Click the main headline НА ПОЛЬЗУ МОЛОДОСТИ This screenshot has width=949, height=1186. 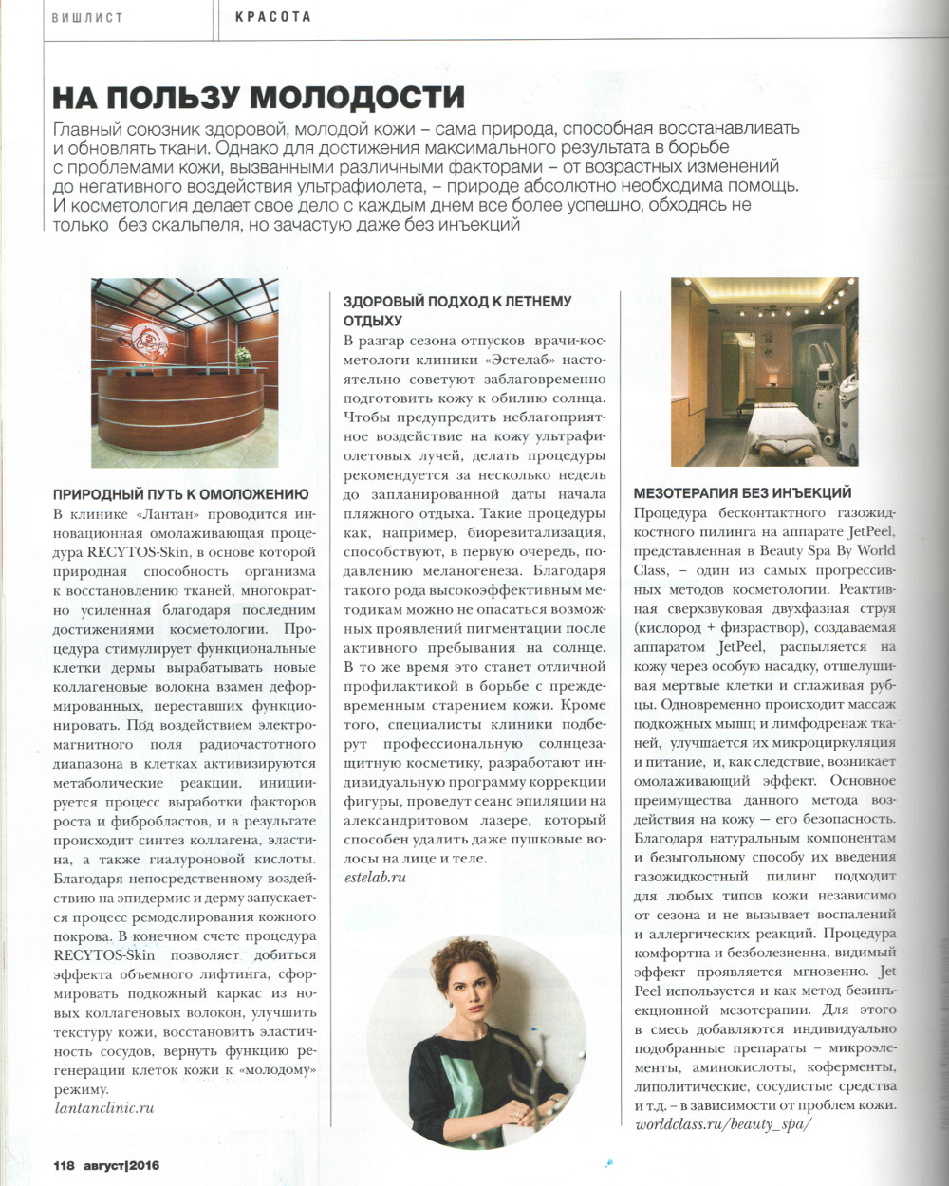[x=258, y=97]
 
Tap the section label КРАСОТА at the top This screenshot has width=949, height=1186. [x=273, y=17]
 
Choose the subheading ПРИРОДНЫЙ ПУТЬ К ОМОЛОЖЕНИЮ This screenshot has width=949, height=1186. [x=180, y=494]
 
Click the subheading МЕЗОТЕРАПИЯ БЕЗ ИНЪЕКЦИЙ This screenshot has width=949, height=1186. [x=742, y=493]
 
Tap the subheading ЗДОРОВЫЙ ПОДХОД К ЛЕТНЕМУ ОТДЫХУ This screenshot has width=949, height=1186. [x=456, y=310]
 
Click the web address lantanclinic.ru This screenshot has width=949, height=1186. [x=103, y=1107]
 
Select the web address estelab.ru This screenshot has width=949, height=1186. [x=375, y=877]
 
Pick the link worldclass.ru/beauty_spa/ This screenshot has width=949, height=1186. [x=723, y=1124]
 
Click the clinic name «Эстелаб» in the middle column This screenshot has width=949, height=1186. [x=521, y=361]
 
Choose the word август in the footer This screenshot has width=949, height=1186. [x=102, y=1165]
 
